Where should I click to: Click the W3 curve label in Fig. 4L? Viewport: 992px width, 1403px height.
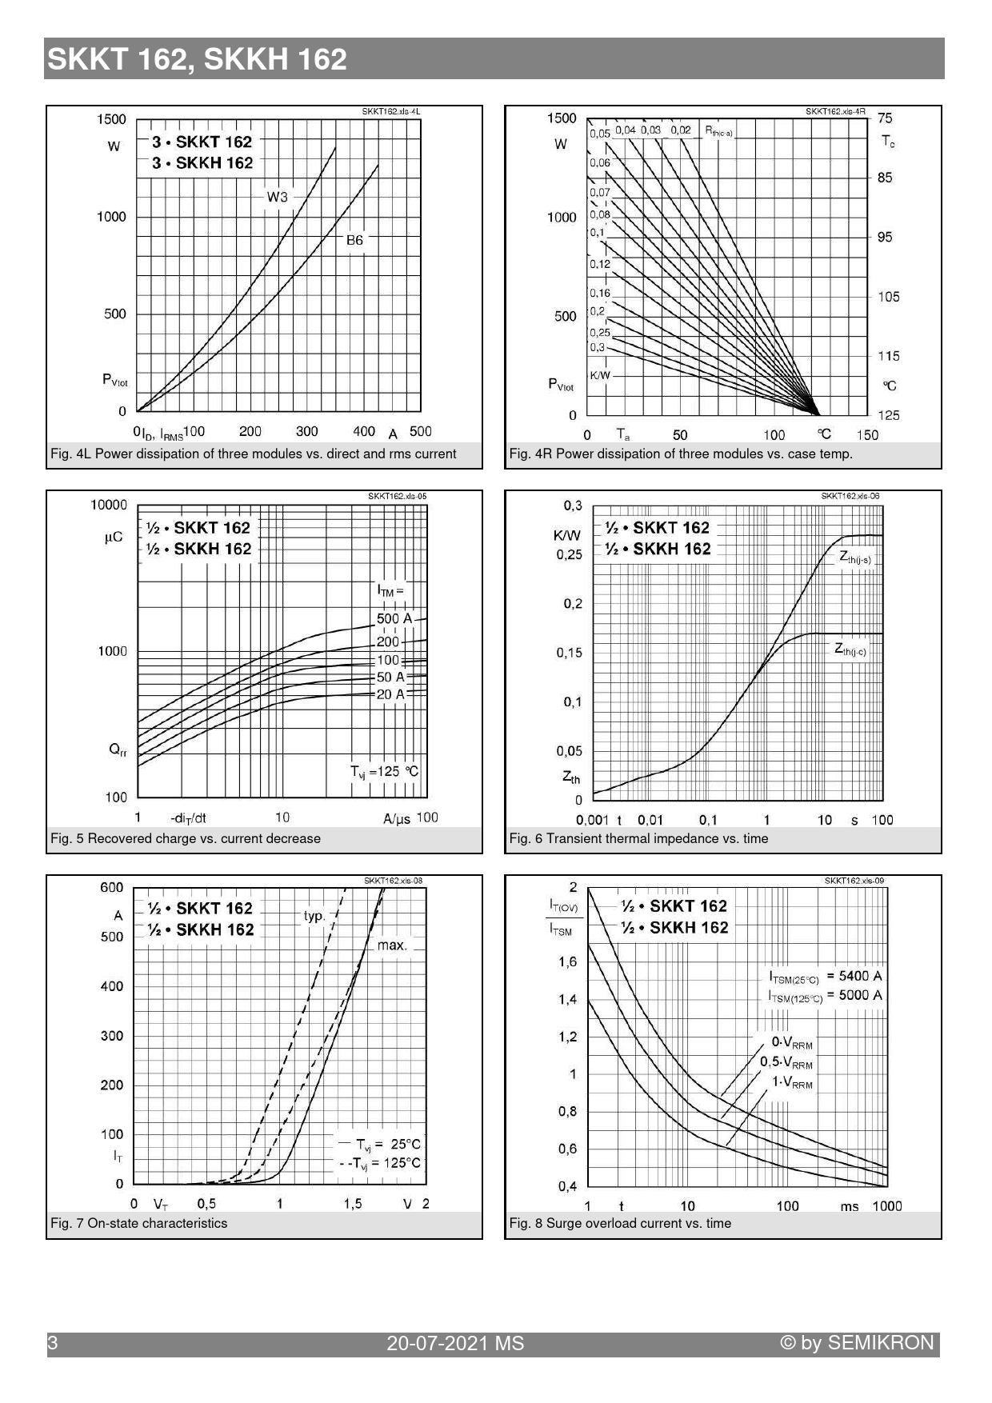(x=277, y=197)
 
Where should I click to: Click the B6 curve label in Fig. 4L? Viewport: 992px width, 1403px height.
(x=354, y=240)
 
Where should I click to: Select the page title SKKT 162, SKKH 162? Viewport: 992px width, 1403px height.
(x=198, y=59)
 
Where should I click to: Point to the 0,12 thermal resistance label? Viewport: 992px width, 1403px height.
(x=600, y=264)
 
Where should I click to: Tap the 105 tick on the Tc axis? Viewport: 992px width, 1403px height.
(x=888, y=297)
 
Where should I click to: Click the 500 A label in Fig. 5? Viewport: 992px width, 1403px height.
(x=394, y=618)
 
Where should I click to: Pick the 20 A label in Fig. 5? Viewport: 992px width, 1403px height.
(x=390, y=694)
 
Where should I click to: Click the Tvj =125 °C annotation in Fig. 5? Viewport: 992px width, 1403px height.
(x=384, y=772)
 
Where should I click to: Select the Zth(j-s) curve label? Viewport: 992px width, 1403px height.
(x=855, y=558)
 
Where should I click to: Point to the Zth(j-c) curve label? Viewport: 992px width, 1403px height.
(x=850, y=649)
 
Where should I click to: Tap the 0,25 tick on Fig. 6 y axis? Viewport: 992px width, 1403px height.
(x=570, y=554)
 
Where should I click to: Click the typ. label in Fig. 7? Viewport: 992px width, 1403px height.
(x=314, y=916)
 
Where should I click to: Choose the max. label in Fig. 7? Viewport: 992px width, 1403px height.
(x=392, y=945)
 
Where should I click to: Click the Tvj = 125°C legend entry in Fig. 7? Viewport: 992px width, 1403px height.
(x=379, y=1163)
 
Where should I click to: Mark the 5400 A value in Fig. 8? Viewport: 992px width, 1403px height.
(x=854, y=976)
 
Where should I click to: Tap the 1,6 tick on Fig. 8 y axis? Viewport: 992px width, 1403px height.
(x=567, y=961)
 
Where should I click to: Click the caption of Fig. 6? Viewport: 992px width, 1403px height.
(x=638, y=838)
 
